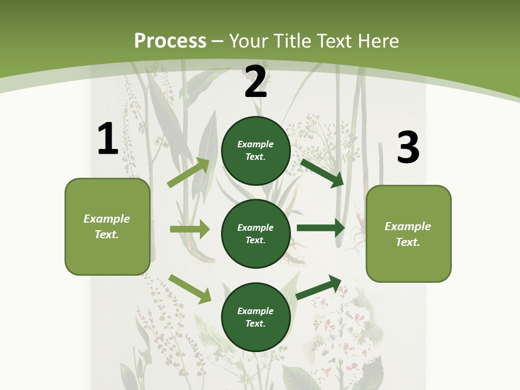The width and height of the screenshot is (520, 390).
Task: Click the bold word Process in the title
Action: (170, 41)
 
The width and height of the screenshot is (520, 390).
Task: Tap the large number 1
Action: (108, 139)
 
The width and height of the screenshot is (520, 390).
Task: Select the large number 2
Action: (256, 82)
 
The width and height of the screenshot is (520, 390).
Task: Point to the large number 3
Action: (408, 147)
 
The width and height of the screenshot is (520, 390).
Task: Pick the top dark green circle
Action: (256, 151)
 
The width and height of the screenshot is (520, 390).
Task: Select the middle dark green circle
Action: (256, 234)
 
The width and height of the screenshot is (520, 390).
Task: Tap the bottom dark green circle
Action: (256, 317)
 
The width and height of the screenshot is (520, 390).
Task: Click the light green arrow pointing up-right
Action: (188, 173)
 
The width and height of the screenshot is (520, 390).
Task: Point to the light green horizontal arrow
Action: (190, 229)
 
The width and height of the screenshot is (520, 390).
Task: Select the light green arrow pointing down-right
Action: (190, 289)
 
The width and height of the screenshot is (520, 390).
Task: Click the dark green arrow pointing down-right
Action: (322, 173)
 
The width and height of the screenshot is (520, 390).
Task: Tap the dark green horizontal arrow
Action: (321, 228)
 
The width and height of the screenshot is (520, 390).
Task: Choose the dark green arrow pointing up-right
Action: (319, 287)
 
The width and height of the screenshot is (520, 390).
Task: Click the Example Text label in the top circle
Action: (256, 151)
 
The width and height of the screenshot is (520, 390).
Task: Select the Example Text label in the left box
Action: (107, 226)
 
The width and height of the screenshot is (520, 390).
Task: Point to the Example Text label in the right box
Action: (408, 234)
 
